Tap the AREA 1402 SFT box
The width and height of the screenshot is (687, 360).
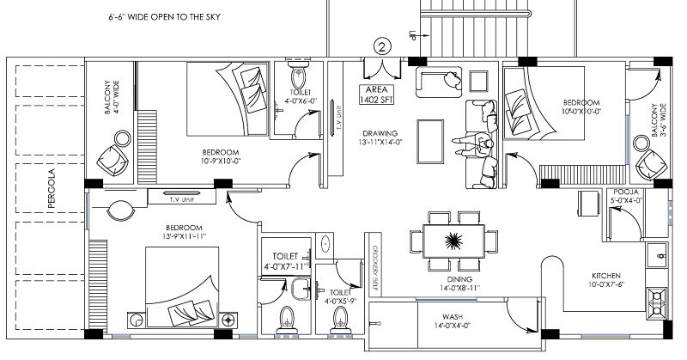(379, 95)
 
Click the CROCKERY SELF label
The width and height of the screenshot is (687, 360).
(375, 273)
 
